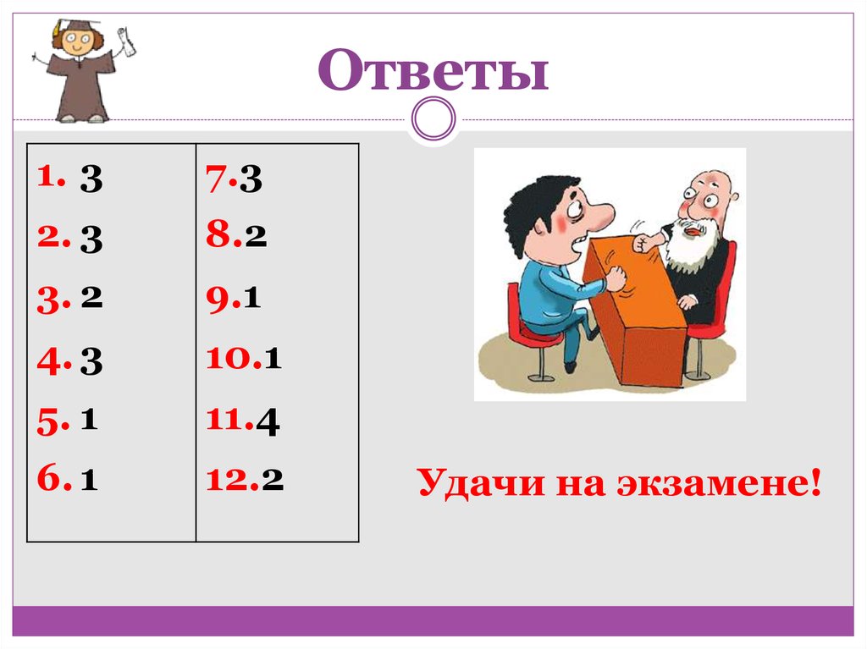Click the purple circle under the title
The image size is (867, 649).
(433, 118)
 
